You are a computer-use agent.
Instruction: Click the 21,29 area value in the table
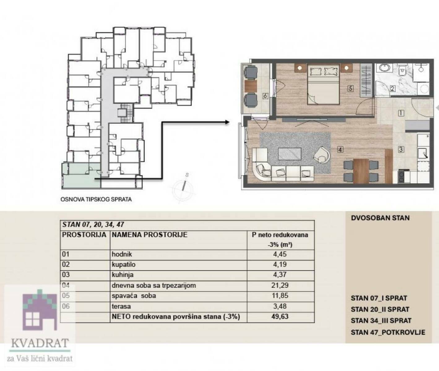point(280,285)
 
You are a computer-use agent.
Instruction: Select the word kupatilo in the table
point(123,265)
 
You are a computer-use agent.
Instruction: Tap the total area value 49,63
point(280,317)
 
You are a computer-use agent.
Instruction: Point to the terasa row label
point(121,306)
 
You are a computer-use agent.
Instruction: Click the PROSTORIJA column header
point(84,235)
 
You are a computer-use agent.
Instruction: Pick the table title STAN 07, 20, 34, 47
point(93,224)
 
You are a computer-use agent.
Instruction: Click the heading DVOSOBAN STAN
point(380,218)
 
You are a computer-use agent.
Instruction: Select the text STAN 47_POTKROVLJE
point(388,332)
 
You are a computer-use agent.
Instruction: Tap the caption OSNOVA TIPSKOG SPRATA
point(96,199)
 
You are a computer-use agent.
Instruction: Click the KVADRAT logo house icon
point(40,310)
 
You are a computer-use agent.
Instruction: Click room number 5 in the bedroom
point(351,88)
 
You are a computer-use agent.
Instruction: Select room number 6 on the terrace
point(265,96)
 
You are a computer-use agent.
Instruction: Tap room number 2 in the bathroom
point(392,88)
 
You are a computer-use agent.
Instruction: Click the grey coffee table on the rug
point(290,154)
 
